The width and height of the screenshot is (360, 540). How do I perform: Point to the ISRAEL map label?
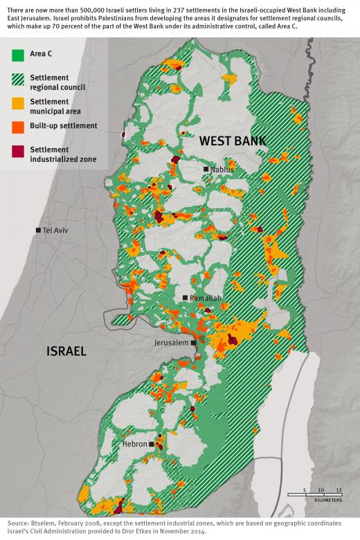(66, 351)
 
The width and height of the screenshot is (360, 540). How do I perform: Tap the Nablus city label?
(222, 169)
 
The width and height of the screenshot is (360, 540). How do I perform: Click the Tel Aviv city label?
(55, 230)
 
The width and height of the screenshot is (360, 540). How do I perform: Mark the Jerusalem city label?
(171, 343)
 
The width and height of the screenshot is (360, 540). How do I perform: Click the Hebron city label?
(134, 443)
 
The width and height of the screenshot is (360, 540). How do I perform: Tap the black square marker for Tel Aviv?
(39, 230)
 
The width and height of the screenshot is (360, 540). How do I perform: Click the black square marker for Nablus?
(206, 169)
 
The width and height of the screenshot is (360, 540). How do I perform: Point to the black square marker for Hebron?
(150, 443)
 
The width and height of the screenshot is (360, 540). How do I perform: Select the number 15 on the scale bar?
(339, 489)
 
